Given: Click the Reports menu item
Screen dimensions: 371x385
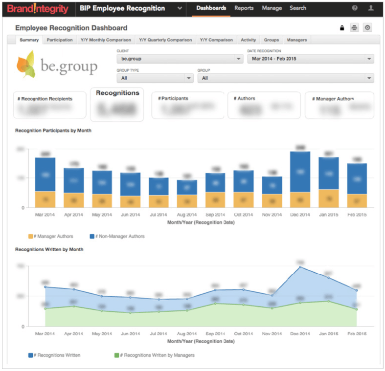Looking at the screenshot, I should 244,8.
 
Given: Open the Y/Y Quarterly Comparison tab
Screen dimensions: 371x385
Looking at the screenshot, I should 165,40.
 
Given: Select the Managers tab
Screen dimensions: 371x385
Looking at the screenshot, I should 297,40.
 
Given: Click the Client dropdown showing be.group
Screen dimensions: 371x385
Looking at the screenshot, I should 179,59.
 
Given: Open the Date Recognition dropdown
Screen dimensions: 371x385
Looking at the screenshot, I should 310,59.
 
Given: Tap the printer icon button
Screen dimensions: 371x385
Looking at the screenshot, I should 355,28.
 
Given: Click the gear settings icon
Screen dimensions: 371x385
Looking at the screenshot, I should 368,28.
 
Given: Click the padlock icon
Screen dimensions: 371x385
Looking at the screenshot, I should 342,28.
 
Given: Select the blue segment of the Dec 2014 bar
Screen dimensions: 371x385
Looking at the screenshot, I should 300,172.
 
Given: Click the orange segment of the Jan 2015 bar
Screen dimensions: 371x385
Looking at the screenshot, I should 329,198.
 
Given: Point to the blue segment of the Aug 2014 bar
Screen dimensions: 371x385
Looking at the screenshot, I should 186,187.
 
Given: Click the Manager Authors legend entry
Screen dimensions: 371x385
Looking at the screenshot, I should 51,236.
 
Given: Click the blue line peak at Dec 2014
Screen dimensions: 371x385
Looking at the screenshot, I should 300,267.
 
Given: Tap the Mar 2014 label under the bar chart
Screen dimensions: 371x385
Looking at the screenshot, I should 45,215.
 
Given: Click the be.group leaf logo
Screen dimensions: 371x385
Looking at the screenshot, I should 26,64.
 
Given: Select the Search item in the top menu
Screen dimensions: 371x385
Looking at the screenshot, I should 297,8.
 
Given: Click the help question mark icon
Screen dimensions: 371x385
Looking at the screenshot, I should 355,8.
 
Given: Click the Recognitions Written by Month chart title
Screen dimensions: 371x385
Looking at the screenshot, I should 49,249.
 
